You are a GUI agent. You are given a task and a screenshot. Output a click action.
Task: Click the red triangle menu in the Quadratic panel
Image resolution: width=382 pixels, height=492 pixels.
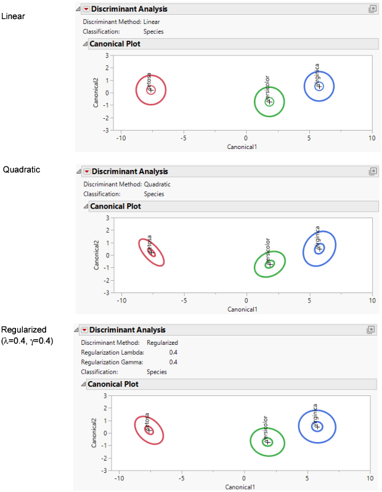click(86, 172)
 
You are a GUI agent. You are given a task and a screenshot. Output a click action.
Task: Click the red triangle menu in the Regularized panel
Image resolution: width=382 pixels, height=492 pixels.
click(84, 330)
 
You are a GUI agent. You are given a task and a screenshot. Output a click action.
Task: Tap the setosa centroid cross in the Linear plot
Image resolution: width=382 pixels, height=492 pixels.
click(150, 90)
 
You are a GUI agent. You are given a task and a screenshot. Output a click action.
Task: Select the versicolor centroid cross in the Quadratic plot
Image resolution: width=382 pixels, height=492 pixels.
click(269, 264)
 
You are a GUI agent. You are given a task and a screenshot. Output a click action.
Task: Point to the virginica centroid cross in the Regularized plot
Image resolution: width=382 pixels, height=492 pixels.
click(317, 426)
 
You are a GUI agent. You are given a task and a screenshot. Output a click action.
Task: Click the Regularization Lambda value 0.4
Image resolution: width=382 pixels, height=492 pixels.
click(173, 352)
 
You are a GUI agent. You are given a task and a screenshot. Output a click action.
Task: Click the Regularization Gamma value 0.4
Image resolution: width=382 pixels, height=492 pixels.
click(173, 362)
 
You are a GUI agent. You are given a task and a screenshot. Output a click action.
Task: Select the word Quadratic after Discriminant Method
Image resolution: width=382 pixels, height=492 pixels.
click(157, 184)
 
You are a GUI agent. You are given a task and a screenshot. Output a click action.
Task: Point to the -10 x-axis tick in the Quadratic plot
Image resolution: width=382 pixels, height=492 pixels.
click(121, 300)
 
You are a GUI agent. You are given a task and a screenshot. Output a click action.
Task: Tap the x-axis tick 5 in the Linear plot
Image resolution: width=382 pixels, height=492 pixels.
click(309, 138)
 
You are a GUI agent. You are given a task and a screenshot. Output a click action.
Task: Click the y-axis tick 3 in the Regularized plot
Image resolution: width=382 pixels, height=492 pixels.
click(106, 396)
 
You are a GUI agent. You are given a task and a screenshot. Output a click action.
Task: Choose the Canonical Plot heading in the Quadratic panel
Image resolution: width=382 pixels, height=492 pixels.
click(115, 206)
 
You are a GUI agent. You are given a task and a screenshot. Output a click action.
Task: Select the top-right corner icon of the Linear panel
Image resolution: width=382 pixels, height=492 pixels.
click(372, 9)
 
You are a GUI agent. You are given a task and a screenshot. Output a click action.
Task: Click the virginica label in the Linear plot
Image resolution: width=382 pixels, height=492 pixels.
click(317, 73)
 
